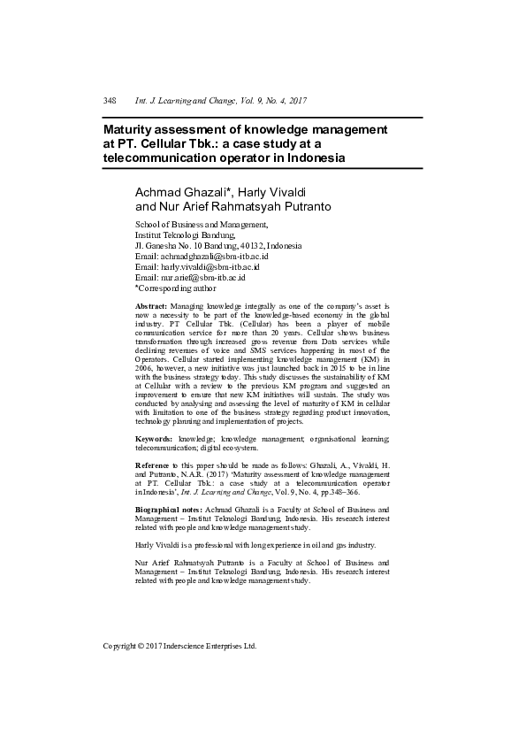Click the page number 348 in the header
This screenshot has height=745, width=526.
click(x=110, y=102)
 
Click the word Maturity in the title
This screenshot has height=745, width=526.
click(x=129, y=129)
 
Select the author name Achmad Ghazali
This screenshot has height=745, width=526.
click(x=176, y=193)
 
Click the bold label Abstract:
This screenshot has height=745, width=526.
click(x=150, y=305)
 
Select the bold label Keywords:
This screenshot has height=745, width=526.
click(x=154, y=439)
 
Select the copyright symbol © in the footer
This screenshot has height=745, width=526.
click(x=144, y=646)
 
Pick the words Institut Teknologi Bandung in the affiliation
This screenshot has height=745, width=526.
click(x=184, y=235)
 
